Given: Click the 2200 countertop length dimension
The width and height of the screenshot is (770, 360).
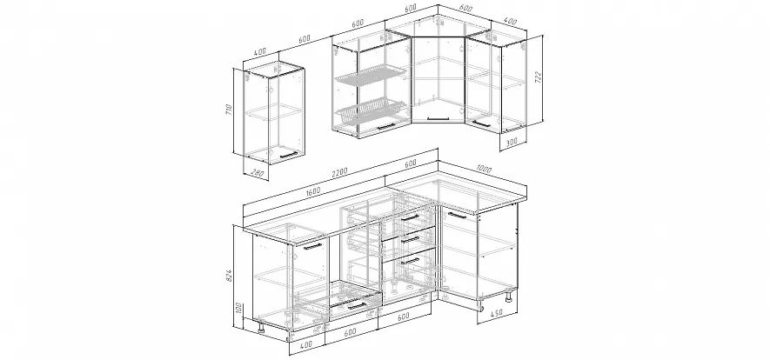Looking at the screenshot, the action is coord(339,172).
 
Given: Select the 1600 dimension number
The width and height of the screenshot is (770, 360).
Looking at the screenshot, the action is coord(312,190).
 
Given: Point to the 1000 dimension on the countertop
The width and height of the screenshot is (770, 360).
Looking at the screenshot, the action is coord(484,170).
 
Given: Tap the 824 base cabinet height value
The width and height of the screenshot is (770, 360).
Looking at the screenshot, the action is coord(230,277).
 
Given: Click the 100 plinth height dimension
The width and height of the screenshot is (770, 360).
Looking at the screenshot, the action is coord(238,309).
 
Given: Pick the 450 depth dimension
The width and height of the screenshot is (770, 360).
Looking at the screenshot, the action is coord(497,312).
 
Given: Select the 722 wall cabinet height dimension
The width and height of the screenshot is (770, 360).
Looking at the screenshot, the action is coord(538,77).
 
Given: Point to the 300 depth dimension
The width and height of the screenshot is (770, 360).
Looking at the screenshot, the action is coord(511,143).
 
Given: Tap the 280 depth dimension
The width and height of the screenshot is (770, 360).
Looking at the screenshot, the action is coord(258,173).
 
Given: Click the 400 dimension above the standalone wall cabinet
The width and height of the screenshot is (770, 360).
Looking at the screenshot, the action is coord(260,52).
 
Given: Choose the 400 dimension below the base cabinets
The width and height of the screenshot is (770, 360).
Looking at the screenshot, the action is coord(305,345).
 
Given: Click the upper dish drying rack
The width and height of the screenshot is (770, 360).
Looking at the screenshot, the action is coord(371,76).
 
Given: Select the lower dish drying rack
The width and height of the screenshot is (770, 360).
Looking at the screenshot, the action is coord(371,110).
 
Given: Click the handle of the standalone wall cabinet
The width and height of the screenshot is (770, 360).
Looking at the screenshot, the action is coord(288,155).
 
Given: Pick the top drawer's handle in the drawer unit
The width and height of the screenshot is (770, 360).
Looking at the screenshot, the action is coord(410,217).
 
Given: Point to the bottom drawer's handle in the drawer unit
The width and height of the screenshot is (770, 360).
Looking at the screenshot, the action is coord(410,261).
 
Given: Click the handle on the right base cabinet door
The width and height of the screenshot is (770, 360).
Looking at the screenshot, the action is coord(457,216).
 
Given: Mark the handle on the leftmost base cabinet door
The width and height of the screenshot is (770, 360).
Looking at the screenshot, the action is coord(312,246).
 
